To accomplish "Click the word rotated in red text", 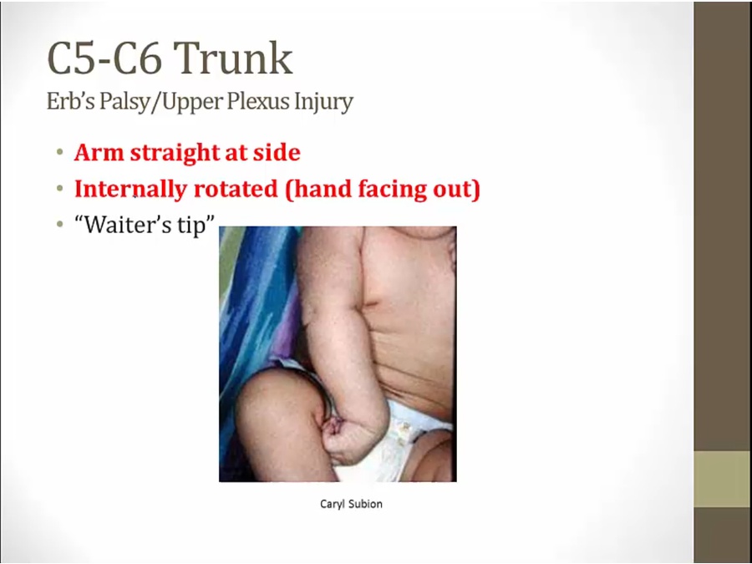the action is (x=236, y=189).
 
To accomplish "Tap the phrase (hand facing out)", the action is (x=382, y=190).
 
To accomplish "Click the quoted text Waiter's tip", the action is (x=144, y=224).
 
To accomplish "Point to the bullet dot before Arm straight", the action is (x=59, y=153).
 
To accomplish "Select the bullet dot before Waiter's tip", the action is (x=59, y=224).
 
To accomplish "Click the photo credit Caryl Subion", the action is (x=351, y=504).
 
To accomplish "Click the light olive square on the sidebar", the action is (x=722, y=479).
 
